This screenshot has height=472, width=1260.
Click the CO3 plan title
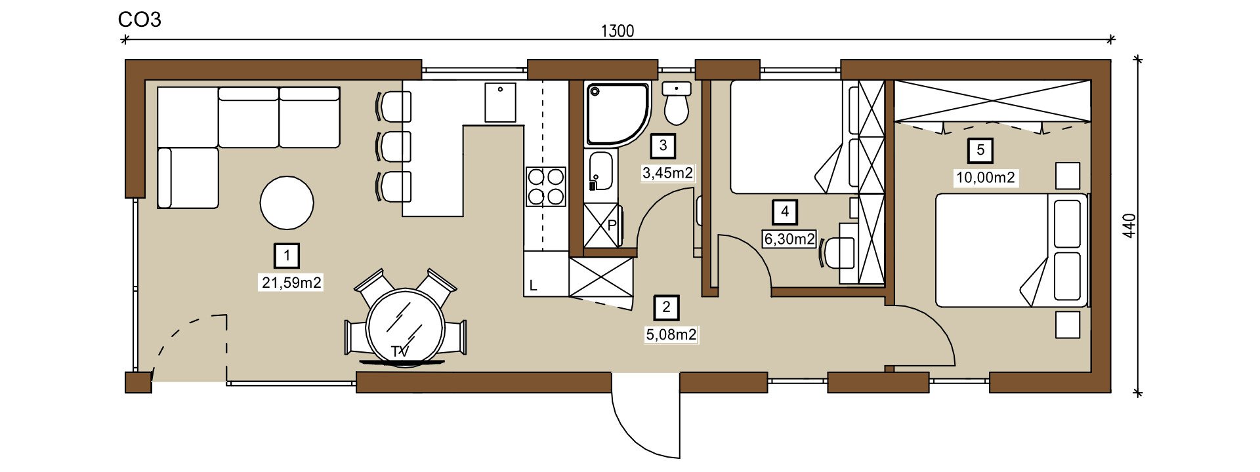(x=139, y=20)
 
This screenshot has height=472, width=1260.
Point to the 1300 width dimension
(x=617, y=31)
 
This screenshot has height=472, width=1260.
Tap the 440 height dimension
(x=1129, y=226)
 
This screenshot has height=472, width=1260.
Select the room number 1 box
(x=287, y=256)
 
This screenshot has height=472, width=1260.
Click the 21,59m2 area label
(x=291, y=283)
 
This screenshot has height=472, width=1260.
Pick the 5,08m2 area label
(x=671, y=334)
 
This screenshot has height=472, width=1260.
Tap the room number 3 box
(x=663, y=146)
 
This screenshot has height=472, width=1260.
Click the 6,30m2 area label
(x=789, y=239)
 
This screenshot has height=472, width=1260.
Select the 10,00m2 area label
(x=985, y=178)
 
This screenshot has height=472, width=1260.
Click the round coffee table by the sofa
(x=287, y=203)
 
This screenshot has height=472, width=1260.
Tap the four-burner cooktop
(x=545, y=187)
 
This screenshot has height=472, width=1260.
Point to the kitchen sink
(x=500, y=102)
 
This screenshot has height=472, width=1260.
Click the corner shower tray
(x=617, y=113)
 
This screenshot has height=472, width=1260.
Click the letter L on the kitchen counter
(x=533, y=286)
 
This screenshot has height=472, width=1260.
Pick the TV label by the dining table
(x=400, y=352)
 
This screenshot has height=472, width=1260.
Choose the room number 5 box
(x=980, y=151)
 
